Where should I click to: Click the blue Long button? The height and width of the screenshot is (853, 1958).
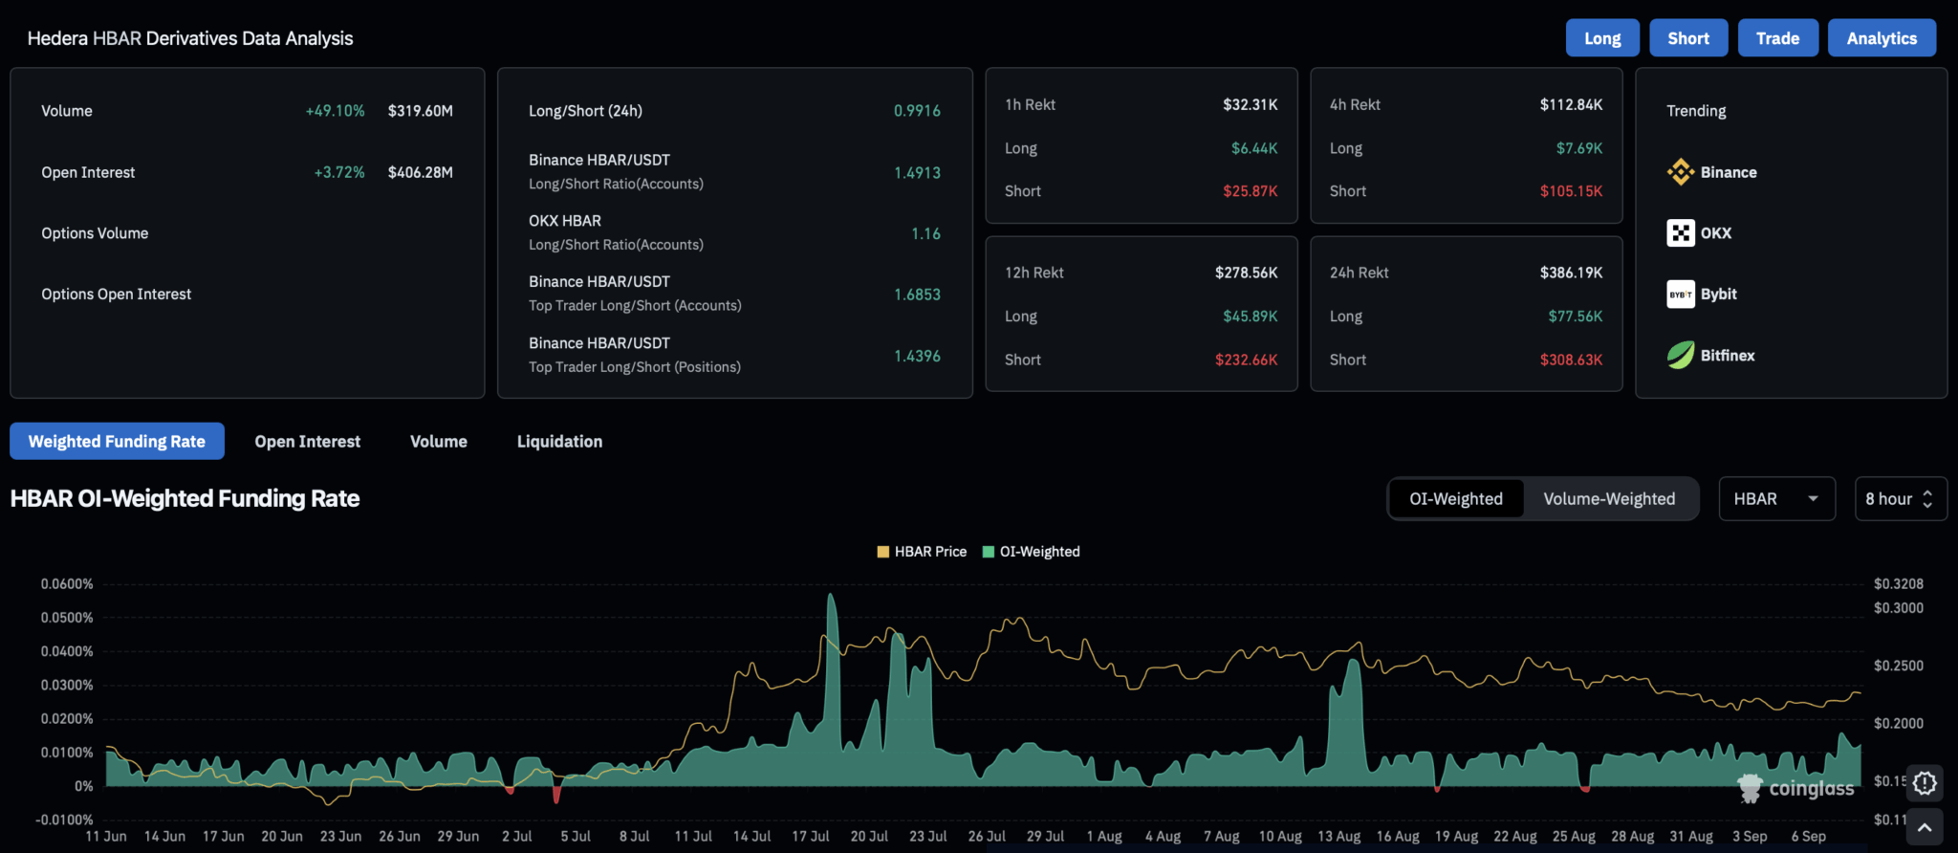tap(1602, 38)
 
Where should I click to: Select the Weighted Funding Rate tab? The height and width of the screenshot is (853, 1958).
tap(117, 441)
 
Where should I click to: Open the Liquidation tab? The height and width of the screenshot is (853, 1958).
tap(559, 441)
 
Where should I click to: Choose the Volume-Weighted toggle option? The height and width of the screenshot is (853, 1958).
tap(1609, 498)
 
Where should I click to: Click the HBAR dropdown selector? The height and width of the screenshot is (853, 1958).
tap(1776, 498)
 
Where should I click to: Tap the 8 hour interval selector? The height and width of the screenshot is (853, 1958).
tap(1900, 498)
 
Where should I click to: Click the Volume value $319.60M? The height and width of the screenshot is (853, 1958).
tap(420, 111)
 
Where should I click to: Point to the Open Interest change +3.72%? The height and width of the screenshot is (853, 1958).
tap(339, 172)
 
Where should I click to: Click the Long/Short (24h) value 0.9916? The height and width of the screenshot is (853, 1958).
tap(917, 111)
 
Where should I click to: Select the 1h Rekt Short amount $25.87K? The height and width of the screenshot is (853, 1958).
tap(1250, 191)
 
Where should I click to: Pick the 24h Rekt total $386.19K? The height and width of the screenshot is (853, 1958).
tap(1571, 273)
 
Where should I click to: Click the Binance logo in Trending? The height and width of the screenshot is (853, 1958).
tap(1680, 172)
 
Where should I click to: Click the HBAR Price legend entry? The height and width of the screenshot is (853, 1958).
tap(922, 552)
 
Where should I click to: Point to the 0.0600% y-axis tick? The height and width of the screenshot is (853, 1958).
tap(67, 583)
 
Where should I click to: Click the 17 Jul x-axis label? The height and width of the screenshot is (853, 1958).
tap(810, 836)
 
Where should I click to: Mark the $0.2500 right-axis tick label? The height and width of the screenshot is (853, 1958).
tap(1898, 666)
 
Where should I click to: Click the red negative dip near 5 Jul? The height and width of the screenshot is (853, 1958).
tap(556, 795)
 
